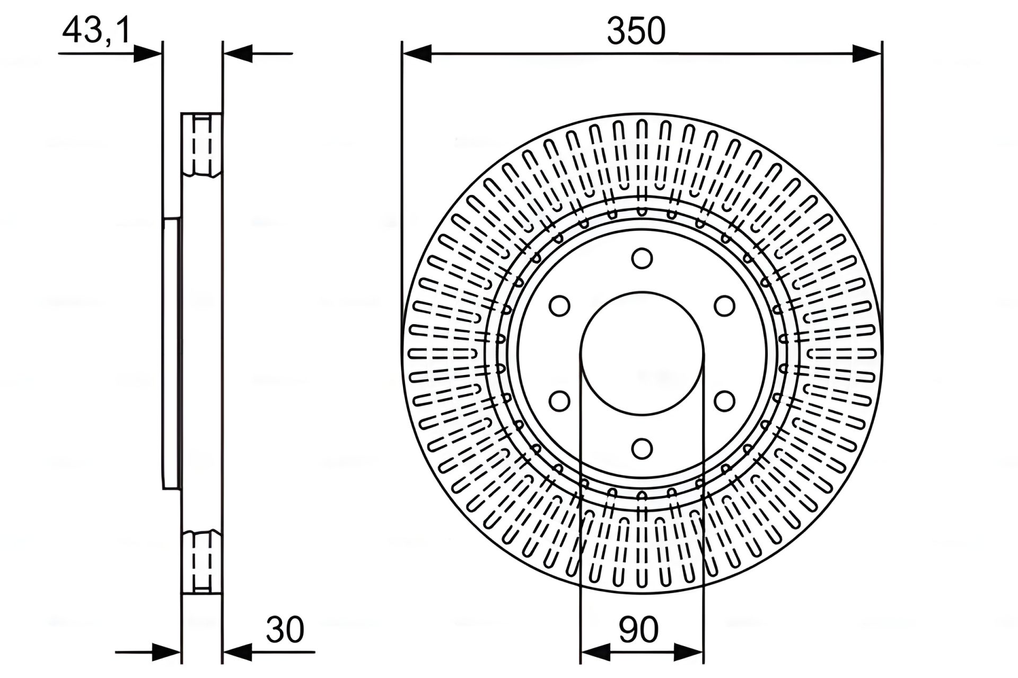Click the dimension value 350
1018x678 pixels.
click(636, 31)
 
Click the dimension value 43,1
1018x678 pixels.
click(96, 31)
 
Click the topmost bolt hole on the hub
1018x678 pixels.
click(642, 258)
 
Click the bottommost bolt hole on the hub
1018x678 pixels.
click(642, 449)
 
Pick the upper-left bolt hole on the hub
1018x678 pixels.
click(559, 306)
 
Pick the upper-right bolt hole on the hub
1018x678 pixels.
click(724, 306)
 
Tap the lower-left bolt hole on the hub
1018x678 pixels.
click(559, 401)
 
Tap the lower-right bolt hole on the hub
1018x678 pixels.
click(724, 401)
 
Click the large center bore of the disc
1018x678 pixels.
click(642, 353)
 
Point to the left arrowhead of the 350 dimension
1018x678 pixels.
click(417, 53)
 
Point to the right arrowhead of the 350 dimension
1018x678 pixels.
click(867, 53)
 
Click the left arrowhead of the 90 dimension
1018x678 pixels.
click(595, 652)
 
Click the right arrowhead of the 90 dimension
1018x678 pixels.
click(689, 652)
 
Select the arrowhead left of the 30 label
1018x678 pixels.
click(236, 652)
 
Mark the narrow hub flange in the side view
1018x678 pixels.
click(172, 353)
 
